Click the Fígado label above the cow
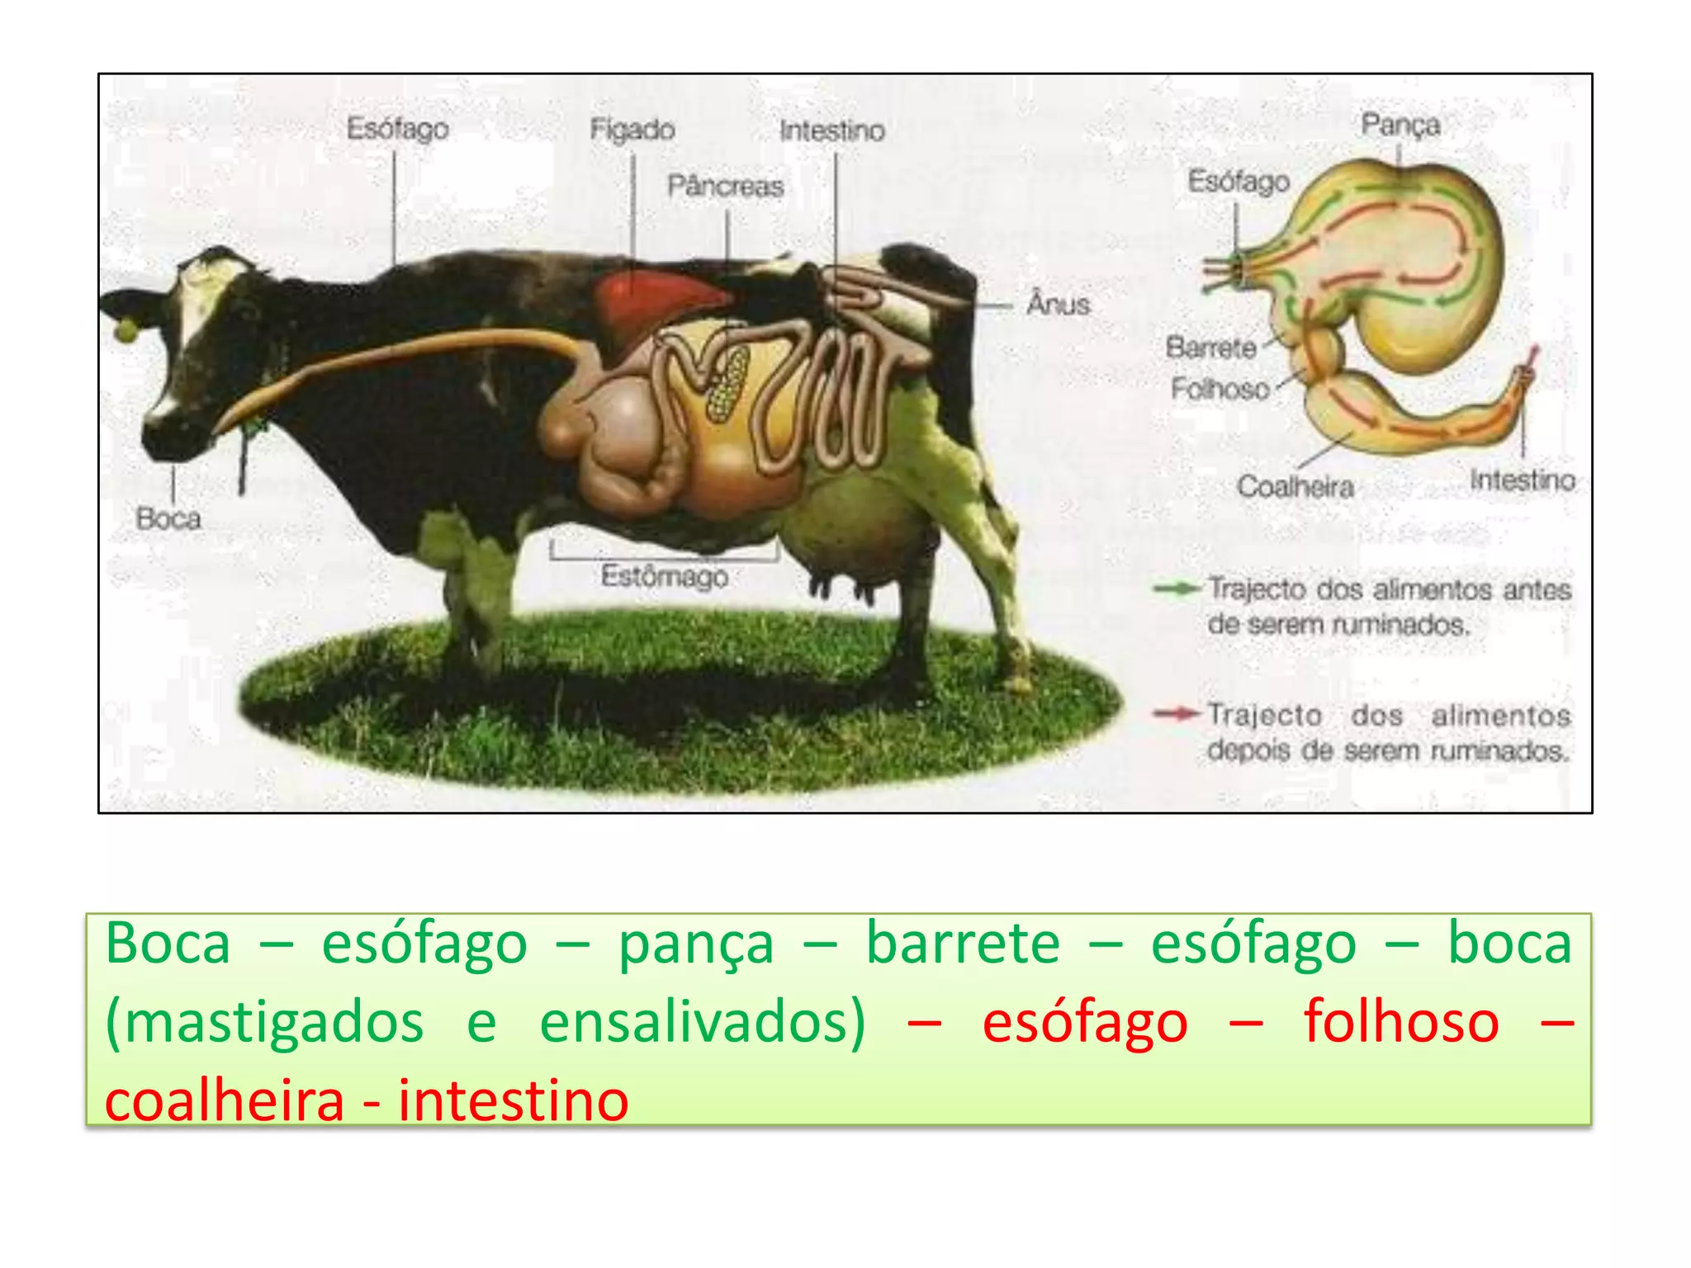[632, 130]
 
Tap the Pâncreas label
[725, 187]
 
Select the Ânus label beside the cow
[1058, 305]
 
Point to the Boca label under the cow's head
[168, 519]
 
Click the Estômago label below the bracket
[664, 576]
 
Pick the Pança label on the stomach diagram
[1400, 125]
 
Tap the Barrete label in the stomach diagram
[1210, 348]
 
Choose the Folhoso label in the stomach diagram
[1220, 388]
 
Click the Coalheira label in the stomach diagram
[1295, 487]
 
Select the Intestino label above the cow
[831, 130]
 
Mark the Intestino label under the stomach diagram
[1522, 480]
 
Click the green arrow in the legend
[1177, 589]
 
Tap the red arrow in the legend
[1177, 714]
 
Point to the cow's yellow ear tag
[126, 330]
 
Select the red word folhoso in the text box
[1401, 1022]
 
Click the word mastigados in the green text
[265, 1022]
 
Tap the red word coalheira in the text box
[225, 1100]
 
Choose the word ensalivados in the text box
[702, 1022]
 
